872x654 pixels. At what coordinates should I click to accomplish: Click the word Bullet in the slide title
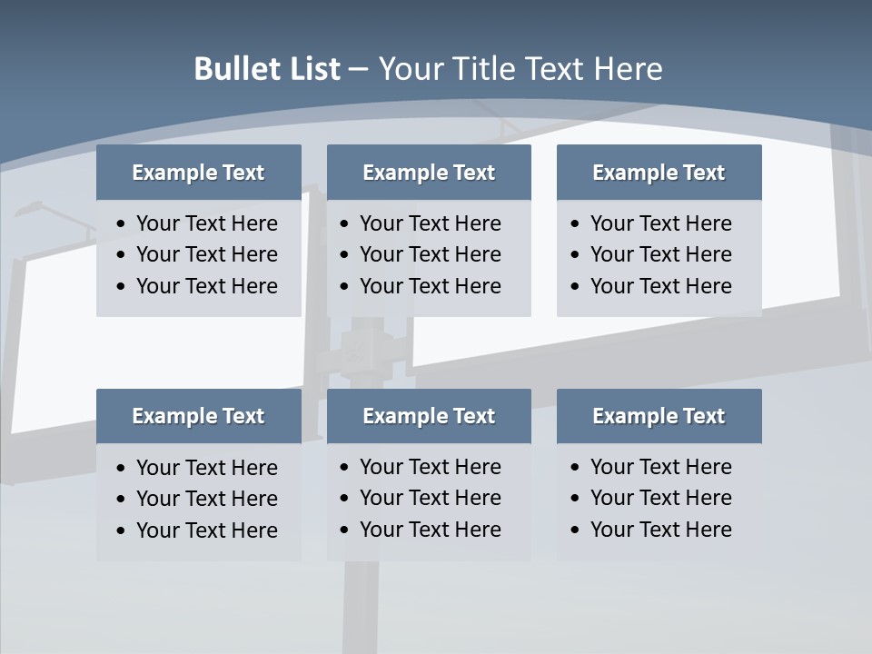[237, 69]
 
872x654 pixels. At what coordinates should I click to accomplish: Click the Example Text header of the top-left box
[198, 173]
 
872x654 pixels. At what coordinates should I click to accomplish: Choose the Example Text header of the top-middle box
[429, 173]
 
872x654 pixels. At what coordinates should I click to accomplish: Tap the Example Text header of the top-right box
[659, 173]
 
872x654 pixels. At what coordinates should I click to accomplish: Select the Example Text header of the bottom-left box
[198, 416]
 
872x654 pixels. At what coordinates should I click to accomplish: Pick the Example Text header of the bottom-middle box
[429, 416]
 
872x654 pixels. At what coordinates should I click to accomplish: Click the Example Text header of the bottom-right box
[659, 416]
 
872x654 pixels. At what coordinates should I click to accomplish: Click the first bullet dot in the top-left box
[122, 224]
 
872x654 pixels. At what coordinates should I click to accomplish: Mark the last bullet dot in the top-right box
[576, 287]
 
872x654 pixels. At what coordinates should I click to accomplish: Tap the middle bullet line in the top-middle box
[430, 254]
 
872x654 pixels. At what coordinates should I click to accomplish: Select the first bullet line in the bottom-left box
[206, 468]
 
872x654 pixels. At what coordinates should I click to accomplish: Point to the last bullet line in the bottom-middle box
[430, 530]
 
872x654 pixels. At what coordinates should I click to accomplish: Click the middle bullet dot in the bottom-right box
[576, 499]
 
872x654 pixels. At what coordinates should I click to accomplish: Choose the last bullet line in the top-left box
[206, 286]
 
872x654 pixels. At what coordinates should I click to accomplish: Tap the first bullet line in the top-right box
[660, 223]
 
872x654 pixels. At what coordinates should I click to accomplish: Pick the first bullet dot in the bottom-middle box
[345, 468]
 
